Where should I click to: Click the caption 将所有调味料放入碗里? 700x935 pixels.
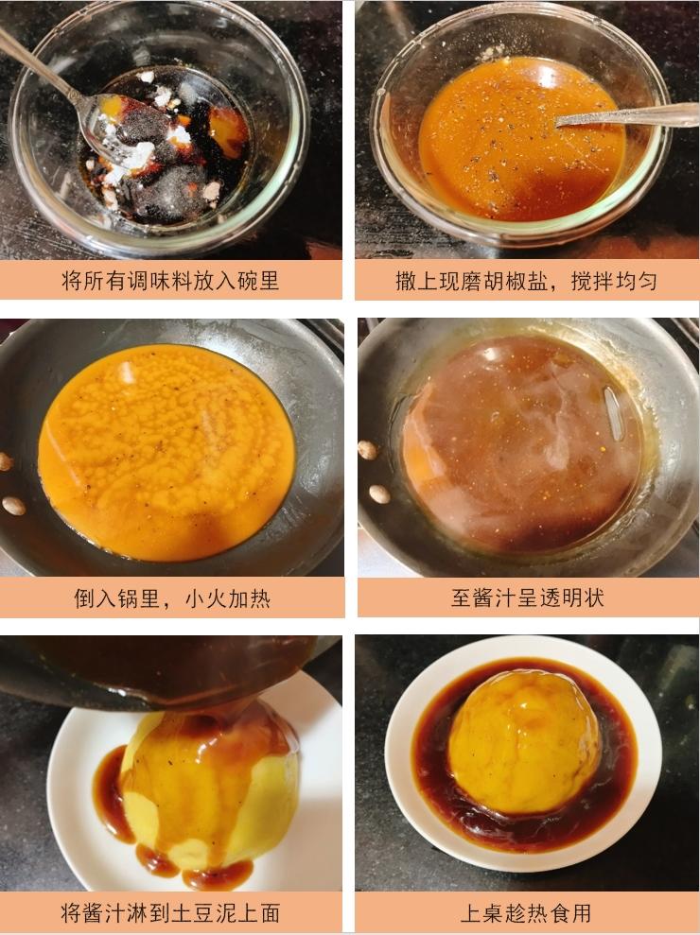coord(170,280)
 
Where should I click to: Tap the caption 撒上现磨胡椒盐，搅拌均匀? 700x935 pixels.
coord(526,280)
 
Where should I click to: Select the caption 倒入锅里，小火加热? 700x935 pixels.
coord(172,597)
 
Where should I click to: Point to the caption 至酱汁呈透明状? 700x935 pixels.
coord(528,597)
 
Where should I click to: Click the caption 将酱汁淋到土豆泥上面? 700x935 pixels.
coord(170,912)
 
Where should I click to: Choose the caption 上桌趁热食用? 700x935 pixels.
coord(526,912)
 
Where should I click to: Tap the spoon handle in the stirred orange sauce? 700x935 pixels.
coord(626,115)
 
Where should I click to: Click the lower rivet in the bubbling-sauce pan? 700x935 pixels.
coord(13,506)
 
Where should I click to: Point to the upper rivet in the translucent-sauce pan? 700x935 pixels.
coord(368,450)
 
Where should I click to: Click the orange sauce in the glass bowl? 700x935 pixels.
coord(520,138)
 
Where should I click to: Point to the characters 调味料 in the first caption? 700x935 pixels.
coord(160,280)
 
